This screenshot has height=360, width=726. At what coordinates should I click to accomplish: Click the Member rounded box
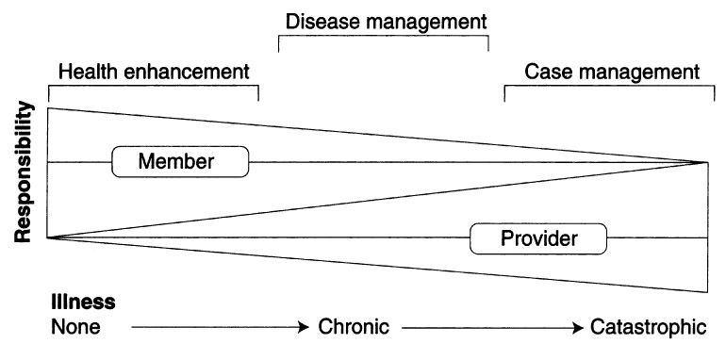180,162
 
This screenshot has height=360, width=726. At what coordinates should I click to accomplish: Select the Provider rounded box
537,238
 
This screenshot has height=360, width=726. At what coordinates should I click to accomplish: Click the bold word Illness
83,303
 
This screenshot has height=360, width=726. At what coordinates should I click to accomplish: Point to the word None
75,328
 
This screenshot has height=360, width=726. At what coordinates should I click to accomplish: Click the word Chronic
353,328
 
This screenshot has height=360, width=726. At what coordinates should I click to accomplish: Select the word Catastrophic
648,328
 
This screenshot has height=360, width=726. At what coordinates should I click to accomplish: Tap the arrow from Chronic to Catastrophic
490,328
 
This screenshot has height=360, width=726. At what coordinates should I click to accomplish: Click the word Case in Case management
545,72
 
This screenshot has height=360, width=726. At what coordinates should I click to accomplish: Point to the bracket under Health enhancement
153,88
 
